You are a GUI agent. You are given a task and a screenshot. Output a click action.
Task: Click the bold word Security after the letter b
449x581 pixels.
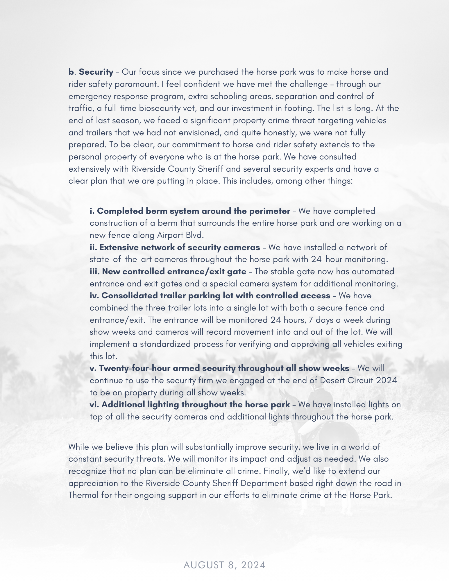point(96,72)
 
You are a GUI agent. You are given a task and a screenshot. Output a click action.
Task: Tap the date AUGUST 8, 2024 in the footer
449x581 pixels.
point(224,565)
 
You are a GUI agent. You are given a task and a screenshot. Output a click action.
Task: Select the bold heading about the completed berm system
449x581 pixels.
point(190,211)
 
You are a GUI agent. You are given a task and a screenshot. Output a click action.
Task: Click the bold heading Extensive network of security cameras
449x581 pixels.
point(175,247)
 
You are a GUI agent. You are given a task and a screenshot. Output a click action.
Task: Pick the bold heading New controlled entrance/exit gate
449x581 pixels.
point(168,271)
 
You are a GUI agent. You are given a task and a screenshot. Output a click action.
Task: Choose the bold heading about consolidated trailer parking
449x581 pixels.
point(210,295)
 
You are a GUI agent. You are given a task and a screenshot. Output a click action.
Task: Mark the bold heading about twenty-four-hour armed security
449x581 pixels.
point(219,368)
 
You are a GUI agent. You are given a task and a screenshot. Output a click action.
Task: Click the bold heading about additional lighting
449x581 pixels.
point(190,404)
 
